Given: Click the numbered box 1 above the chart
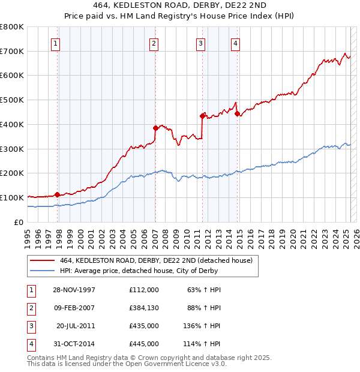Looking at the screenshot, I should click(55, 43).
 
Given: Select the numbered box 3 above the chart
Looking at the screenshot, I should click(200, 43).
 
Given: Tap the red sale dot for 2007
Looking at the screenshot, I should click(155, 128).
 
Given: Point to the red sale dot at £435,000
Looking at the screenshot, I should click(202, 115).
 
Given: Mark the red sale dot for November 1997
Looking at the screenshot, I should click(58, 194).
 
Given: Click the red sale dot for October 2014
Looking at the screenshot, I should click(237, 113).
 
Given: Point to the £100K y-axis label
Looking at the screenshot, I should click(12, 197).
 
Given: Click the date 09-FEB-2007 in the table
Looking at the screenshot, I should click(74, 308).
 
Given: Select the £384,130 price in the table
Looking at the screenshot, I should click(143, 308).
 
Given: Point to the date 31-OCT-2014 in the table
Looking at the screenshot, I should click(74, 344).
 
